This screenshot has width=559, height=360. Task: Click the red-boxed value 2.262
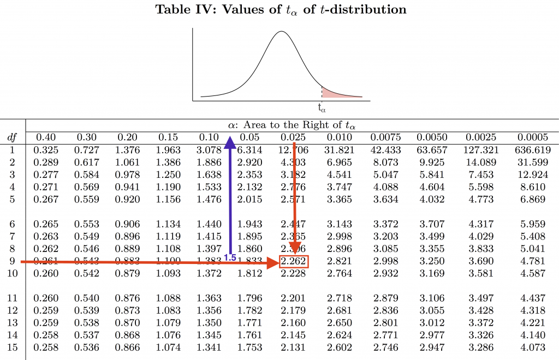(x=294, y=262)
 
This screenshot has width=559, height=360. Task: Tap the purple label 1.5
(x=230, y=257)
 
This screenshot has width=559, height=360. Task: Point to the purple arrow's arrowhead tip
(x=230, y=138)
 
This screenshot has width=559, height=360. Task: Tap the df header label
(x=11, y=137)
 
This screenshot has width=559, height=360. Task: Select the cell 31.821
(x=340, y=149)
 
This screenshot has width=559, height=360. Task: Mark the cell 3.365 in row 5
(x=340, y=200)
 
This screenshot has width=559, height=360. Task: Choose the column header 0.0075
(x=385, y=137)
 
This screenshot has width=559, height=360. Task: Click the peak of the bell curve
(x=281, y=32)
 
